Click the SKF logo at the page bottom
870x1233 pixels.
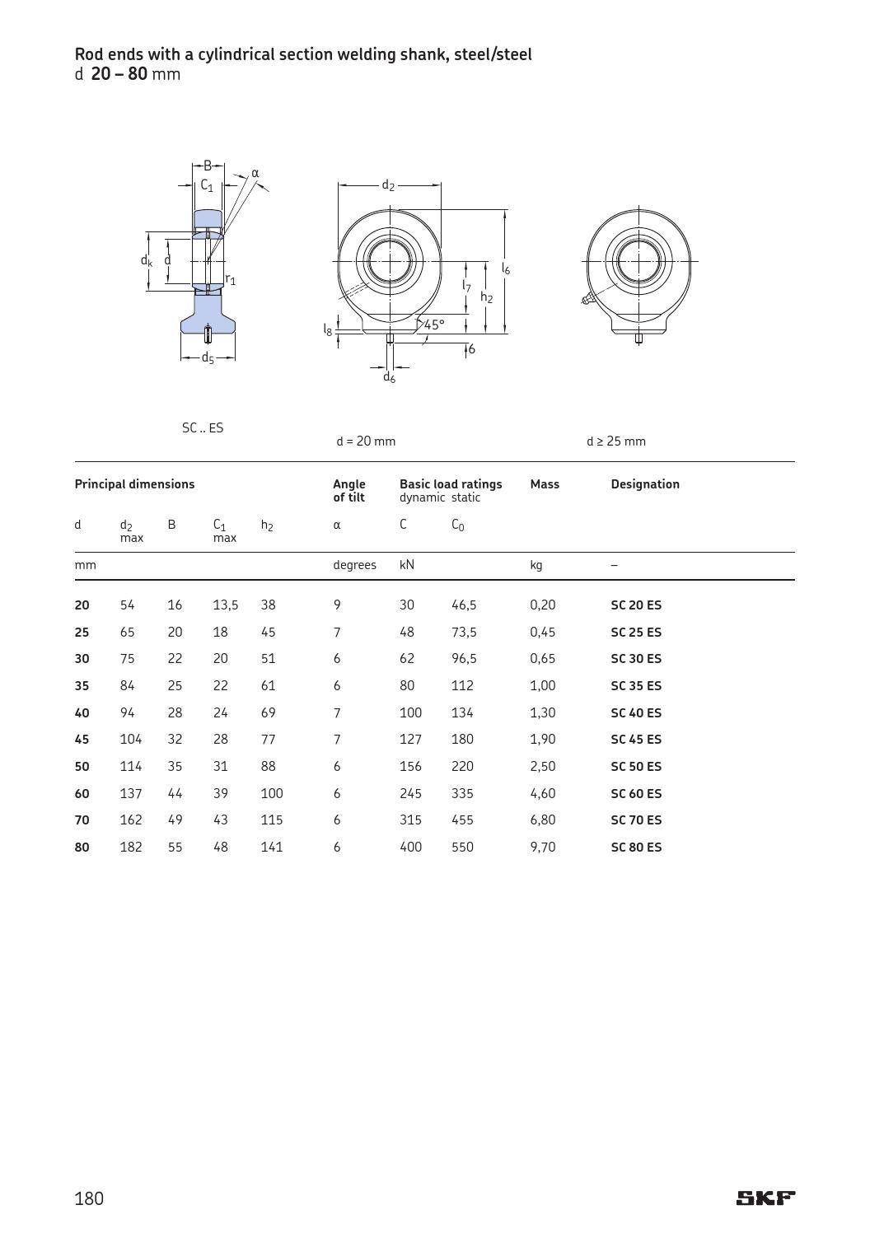coord(765,1198)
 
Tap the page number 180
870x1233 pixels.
coord(89,1198)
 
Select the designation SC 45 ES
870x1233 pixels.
coord(635,740)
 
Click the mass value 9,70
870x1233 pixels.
coord(542,847)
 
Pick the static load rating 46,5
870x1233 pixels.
coord(464,605)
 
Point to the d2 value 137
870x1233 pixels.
coord(130,793)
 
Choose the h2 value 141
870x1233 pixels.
coord(271,847)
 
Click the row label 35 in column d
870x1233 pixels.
coord(82,685)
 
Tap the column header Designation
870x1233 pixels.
coord(644,484)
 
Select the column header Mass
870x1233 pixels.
coord(544,484)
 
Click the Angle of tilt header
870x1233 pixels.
coord(349,491)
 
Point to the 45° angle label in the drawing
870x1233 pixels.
coord(434,325)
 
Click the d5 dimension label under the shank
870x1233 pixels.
coord(208,358)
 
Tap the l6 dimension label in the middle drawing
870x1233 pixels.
coord(506,269)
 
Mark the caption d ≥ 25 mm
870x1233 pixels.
coord(615,441)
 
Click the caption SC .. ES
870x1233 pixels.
coord(202,428)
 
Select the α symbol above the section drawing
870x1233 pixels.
coord(255,173)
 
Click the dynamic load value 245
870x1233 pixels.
coord(409,793)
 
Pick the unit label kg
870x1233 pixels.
coord(536,565)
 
